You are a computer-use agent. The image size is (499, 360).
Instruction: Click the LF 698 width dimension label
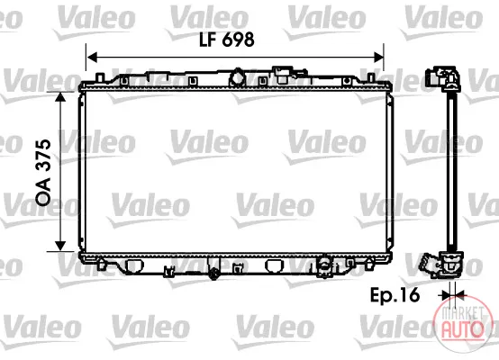[227, 40]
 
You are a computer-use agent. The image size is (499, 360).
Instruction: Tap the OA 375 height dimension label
[43, 172]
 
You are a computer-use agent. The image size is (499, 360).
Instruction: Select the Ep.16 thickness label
[395, 295]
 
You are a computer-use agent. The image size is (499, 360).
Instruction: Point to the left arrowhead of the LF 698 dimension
[92, 58]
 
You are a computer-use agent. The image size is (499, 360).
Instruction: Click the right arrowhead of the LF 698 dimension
[378, 58]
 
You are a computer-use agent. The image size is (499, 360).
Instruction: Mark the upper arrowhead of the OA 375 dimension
[60, 96]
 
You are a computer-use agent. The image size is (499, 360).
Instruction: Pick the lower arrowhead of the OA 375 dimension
[60, 246]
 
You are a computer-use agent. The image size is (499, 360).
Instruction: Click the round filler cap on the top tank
[238, 77]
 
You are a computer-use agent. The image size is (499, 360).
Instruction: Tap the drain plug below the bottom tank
[213, 273]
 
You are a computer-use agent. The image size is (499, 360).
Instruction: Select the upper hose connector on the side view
[442, 78]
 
